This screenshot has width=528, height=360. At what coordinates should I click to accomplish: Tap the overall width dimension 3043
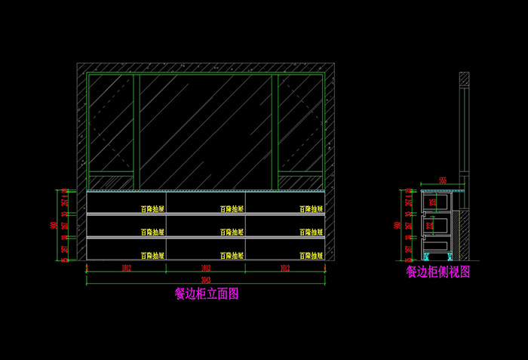click(204, 280)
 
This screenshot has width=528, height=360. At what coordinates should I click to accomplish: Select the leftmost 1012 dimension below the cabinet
click(126, 268)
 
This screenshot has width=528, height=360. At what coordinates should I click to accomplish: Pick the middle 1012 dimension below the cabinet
click(205, 268)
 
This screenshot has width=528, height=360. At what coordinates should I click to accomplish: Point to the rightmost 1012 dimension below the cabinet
click(284, 268)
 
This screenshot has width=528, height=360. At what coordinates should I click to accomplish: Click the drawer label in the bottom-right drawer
click(311, 256)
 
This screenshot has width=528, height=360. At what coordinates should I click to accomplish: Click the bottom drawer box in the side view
click(441, 242)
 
